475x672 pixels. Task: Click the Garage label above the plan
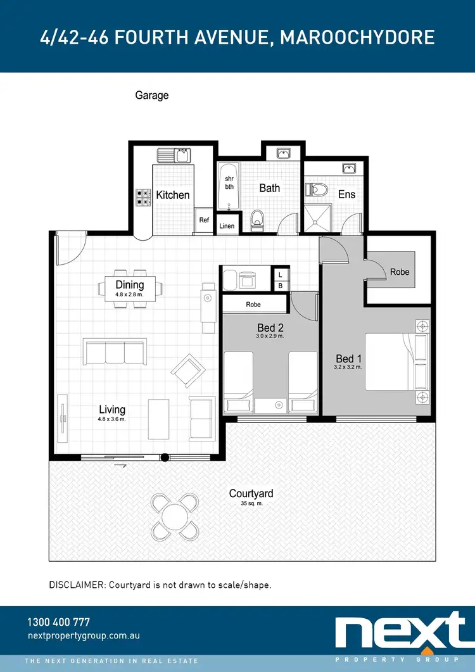152,96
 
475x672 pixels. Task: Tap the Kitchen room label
173,195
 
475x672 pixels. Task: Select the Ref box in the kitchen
204,220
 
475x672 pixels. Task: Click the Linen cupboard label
226,225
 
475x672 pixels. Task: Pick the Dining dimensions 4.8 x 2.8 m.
130,295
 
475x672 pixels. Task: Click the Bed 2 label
270,327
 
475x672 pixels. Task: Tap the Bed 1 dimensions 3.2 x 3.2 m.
348,367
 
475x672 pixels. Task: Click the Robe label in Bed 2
253,305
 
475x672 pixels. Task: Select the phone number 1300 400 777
59,622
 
